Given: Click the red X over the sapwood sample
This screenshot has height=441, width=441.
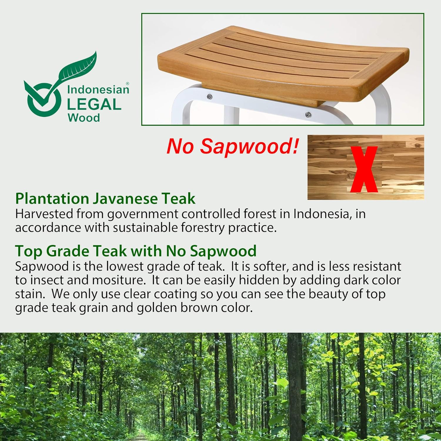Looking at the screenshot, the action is [x=364, y=169].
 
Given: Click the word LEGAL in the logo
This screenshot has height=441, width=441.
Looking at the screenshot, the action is [x=94, y=104].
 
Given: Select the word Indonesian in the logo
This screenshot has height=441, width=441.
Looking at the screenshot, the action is [x=98, y=89].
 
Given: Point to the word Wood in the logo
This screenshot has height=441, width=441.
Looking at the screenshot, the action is [x=84, y=118].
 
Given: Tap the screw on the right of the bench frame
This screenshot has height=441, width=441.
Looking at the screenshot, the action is [x=308, y=115].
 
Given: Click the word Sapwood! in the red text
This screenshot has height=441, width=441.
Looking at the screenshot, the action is [x=250, y=146].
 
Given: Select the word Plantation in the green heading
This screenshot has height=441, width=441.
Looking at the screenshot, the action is [x=52, y=198].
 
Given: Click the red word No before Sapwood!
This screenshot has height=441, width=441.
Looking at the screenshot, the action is [x=180, y=146].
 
